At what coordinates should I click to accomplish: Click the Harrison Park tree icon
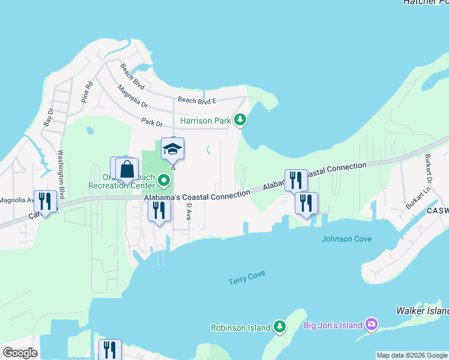tap(240, 121)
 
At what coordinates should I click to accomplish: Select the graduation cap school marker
tap(172, 149)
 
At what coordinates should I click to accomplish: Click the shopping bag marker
tap(127, 169)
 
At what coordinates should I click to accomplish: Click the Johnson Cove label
tap(346, 239)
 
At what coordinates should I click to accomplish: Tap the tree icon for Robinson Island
tap(279, 327)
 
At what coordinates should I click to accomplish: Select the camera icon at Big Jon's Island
tap(372, 325)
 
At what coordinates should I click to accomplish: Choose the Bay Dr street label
tap(49, 116)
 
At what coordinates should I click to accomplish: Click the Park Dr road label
tap(152, 122)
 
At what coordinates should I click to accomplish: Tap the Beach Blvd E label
tap(196, 100)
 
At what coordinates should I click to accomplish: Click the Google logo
tap(20, 352)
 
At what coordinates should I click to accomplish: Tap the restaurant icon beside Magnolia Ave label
tap(45, 200)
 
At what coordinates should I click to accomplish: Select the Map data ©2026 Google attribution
tap(412, 355)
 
